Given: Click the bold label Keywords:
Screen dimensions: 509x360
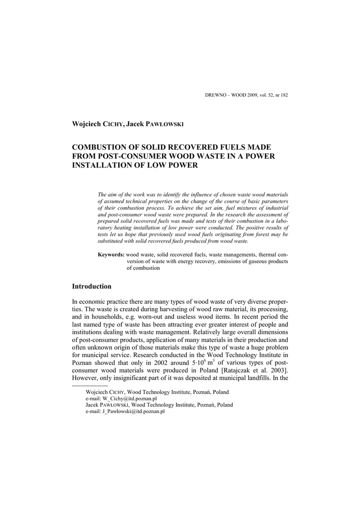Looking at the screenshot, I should tap(111, 254).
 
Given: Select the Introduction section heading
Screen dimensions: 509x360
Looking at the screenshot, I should tap(91, 286).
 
